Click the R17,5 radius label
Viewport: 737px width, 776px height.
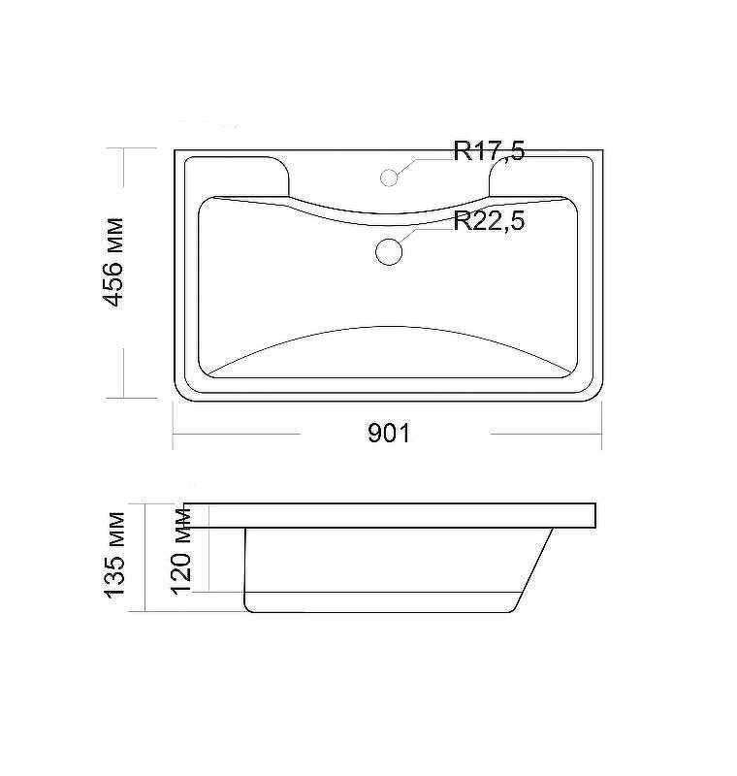point(489,151)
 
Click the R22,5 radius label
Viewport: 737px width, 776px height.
point(489,221)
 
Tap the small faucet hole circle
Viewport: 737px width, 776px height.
point(389,178)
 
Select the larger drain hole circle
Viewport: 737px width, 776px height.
point(389,251)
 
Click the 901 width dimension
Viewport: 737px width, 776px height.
point(389,434)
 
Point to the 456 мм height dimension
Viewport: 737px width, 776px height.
point(112,262)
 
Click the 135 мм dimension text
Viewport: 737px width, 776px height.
point(114,555)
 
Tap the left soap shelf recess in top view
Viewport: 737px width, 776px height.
point(237,177)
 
